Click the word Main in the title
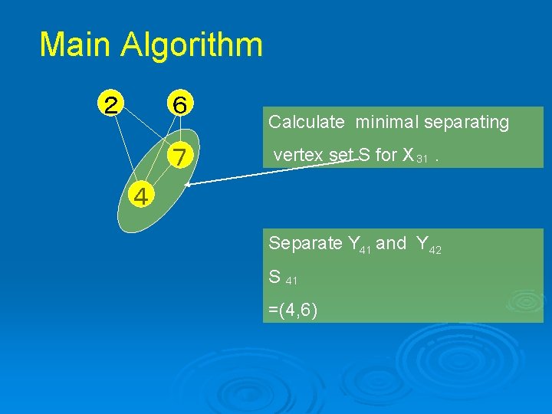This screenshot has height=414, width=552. (x=74, y=44)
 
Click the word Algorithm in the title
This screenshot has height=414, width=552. (x=192, y=46)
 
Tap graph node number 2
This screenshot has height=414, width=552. (x=112, y=103)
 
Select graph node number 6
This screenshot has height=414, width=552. (x=180, y=103)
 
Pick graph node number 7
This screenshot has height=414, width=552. (x=180, y=157)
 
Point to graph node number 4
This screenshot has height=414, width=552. (x=140, y=197)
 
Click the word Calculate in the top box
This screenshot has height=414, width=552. (x=306, y=122)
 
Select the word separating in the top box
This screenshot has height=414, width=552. (x=468, y=122)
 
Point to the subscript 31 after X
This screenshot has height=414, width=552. (x=422, y=159)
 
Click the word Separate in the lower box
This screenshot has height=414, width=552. (x=305, y=244)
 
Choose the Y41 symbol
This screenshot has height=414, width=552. (x=360, y=245)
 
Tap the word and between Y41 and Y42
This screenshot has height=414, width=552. (x=391, y=244)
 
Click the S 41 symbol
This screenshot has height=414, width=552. (x=282, y=278)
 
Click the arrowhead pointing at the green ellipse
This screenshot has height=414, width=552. (x=187, y=185)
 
